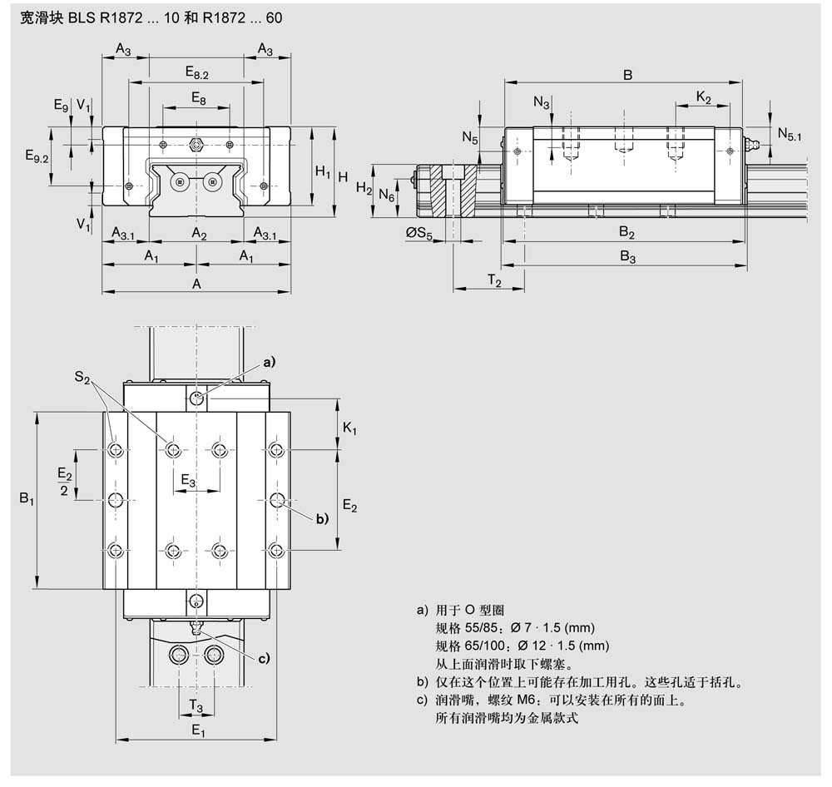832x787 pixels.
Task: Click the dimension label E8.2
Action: point(197,73)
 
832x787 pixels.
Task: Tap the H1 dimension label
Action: point(322,171)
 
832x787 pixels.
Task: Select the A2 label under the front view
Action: point(199,234)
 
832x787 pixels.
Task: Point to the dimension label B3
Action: point(627,258)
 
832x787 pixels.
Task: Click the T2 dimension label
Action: point(493,283)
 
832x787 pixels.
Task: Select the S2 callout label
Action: point(82,378)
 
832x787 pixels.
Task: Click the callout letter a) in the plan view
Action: point(269,362)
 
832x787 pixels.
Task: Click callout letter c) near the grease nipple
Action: point(263,660)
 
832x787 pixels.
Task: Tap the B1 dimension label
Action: point(27,499)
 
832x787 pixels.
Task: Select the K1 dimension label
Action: point(349,428)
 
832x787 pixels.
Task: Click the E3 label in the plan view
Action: point(188,482)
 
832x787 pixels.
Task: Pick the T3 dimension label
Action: point(196,705)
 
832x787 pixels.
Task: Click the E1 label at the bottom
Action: point(198,730)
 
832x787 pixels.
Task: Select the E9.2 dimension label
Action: point(37,155)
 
